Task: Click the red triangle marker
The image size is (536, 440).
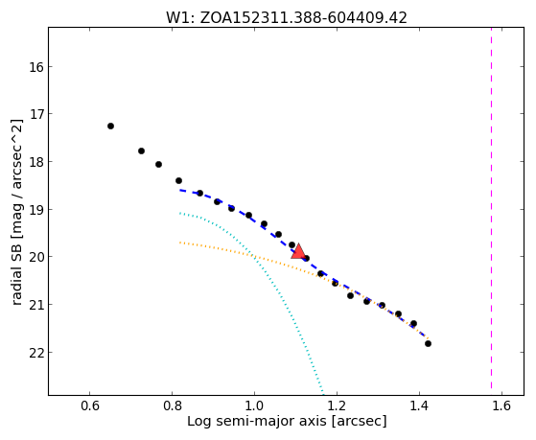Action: click(x=298, y=252)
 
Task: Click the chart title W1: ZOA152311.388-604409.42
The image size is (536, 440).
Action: click(x=287, y=17)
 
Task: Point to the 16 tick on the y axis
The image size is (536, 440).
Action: click(x=36, y=67)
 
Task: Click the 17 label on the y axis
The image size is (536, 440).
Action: click(x=36, y=114)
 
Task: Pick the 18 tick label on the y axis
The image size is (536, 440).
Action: click(x=36, y=162)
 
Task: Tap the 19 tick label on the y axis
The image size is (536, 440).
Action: click(x=36, y=209)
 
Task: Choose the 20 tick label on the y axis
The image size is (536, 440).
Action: click(x=36, y=257)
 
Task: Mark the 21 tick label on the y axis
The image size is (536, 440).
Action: click(x=36, y=304)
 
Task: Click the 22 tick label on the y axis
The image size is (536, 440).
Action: click(x=36, y=352)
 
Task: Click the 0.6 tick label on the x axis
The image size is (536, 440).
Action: click(x=89, y=405)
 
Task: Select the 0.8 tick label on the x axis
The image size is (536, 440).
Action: click(x=172, y=405)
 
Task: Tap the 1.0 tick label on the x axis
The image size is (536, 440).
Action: click(x=254, y=405)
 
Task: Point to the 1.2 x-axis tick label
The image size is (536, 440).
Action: click(x=338, y=405)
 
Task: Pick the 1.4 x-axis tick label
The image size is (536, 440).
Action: click(x=419, y=405)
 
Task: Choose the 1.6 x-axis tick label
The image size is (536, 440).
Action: click(x=501, y=405)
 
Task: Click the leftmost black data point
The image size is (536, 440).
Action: click(x=110, y=127)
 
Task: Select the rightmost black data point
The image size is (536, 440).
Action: click(x=428, y=343)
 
